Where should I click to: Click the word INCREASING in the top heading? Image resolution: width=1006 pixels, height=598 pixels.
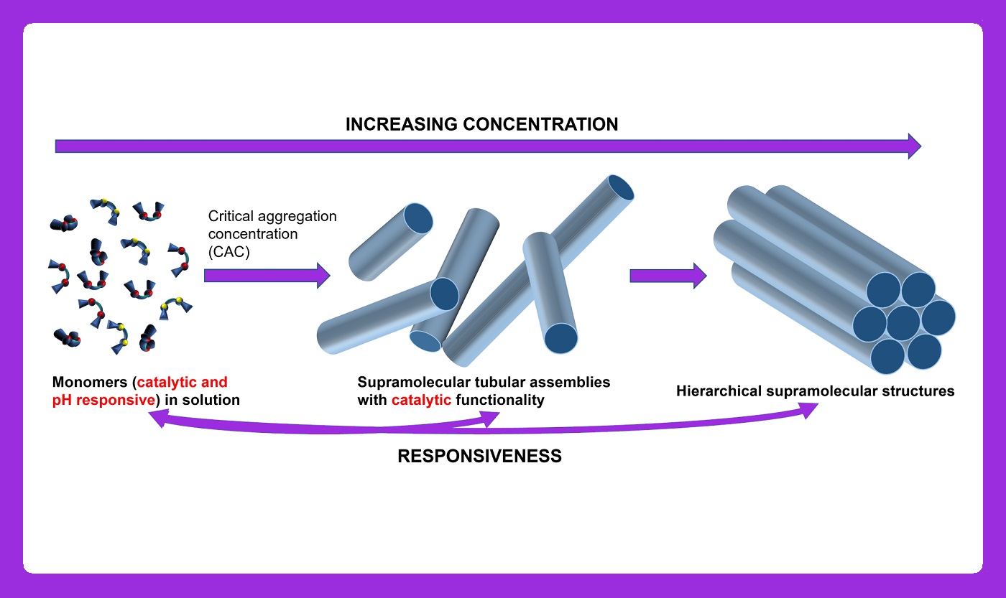(402, 124)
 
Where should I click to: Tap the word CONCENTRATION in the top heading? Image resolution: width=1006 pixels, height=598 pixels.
(540, 124)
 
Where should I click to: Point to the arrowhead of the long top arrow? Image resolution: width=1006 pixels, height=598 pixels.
(914, 146)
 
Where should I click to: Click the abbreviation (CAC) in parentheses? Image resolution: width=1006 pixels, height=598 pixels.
(229, 252)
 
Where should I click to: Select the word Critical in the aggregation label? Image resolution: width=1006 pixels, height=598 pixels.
(231, 216)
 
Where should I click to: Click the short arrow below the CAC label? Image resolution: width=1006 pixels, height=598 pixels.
(267, 276)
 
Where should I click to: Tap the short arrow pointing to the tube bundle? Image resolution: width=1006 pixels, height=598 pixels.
(668, 276)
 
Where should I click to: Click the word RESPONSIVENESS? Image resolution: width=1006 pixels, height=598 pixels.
(480, 456)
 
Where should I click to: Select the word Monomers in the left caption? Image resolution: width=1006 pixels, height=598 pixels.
(90, 382)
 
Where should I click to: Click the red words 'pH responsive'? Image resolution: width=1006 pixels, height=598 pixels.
(103, 400)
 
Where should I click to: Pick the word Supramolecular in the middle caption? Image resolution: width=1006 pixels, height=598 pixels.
(413, 382)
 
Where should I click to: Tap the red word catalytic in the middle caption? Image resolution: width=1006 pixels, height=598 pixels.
(421, 400)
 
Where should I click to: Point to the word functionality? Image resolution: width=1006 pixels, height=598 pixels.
(500, 400)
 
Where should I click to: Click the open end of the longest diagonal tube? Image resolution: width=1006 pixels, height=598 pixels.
(621, 187)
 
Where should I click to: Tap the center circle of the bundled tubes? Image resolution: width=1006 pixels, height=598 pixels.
(903, 322)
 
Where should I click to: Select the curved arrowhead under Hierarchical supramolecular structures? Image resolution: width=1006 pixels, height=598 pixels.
(808, 410)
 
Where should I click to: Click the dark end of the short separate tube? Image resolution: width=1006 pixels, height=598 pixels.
(418, 218)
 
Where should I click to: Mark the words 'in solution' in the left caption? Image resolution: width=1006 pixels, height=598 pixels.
(202, 400)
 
